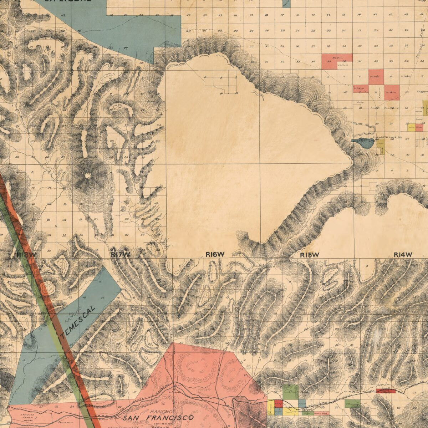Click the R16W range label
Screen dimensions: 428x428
tap(215, 254)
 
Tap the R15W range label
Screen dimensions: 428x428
tap(309, 255)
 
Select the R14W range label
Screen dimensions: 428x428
tap(403, 254)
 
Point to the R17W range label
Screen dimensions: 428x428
tap(120, 254)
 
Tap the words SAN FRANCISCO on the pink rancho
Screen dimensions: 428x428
tap(158, 418)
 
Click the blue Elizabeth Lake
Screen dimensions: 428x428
tap(363, 141)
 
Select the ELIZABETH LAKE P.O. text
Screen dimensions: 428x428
tap(387, 137)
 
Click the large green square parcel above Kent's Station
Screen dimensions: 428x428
tap(290, 392)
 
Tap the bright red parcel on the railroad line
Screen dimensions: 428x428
tap(386, 391)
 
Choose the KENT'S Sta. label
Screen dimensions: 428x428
tap(308, 410)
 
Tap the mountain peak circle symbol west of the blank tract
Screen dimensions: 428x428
tap(87, 175)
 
